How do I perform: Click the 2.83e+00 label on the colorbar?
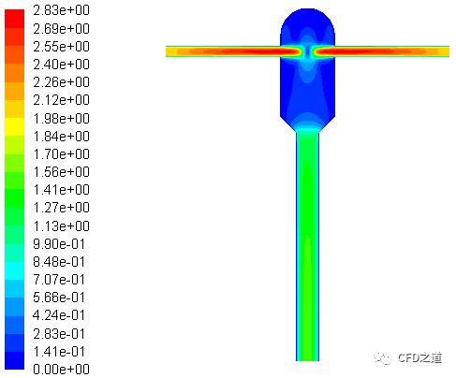[x=61, y=10]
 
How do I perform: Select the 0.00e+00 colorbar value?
[x=61, y=370]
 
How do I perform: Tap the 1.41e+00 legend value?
[x=61, y=190]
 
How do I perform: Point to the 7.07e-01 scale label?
[x=59, y=280]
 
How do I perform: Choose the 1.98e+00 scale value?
[x=61, y=119]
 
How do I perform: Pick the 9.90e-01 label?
[x=59, y=244]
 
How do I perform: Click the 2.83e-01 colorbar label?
[x=59, y=334]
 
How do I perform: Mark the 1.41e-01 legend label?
[x=59, y=352]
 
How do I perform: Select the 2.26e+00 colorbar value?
[x=61, y=82]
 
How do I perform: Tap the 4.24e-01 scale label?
[x=59, y=315]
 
